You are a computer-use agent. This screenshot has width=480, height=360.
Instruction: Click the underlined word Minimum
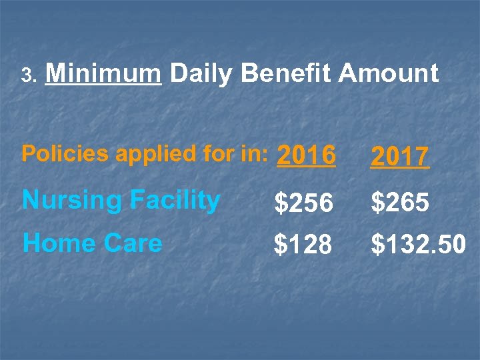click(x=103, y=73)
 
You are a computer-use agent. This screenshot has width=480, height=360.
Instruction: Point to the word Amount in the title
click(x=389, y=73)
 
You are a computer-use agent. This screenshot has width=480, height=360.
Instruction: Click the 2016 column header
click(x=306, y=156)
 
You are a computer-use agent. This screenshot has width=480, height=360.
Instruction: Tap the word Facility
click(x=175, y=200)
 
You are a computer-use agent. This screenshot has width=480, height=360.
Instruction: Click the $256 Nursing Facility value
click(x=303, y=203)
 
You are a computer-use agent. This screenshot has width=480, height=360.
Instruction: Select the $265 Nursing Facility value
click(x=400, y=203)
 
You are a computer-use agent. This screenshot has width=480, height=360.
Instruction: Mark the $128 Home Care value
click(x=303, y=245)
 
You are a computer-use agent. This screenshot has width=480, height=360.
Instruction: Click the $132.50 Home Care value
click(x=418, y=245)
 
